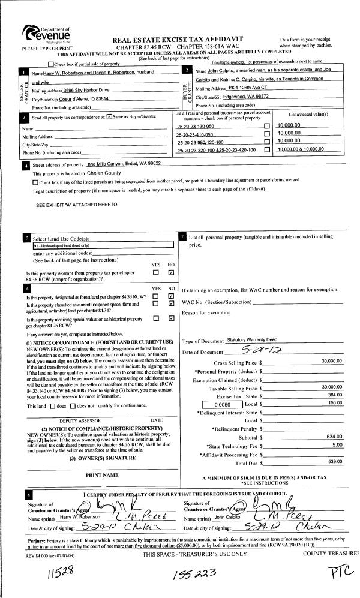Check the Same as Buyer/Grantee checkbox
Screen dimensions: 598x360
pyautogui.click(x=109, y=117)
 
